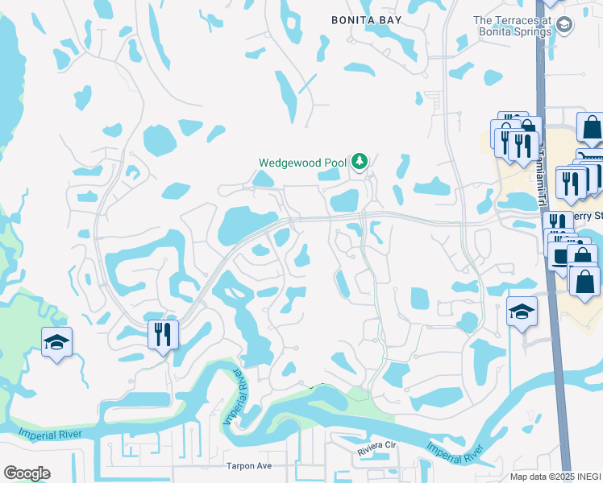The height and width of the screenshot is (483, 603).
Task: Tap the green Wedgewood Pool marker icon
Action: (359, 163)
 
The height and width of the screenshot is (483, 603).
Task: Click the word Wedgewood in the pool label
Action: (290, 163)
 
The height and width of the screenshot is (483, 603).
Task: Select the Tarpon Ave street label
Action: (248, 466)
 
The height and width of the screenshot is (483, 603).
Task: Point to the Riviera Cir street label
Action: (378, 444)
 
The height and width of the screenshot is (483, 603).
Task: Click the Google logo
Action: (27, 473)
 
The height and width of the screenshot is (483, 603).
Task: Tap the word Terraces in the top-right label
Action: (523, 21)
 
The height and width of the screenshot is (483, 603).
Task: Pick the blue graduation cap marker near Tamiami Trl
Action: (522, 312)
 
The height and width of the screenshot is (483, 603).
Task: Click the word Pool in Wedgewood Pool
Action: (336, 163)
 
